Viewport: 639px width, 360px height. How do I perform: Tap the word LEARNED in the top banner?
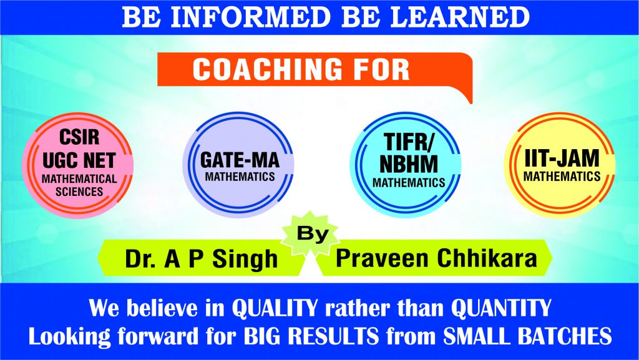(x=460, y=17)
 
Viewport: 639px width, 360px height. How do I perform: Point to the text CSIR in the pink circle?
(x=79, y=137)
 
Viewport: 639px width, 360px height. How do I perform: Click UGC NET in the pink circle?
(x=79, y=160)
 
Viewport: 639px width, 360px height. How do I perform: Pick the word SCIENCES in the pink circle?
(x=79, y=192)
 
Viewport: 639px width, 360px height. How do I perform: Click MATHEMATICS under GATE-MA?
(x=240, y=177)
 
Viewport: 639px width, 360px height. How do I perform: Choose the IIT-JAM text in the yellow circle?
(x=562, y=158)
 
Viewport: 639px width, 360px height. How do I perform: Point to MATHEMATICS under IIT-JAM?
(x=562, y=177)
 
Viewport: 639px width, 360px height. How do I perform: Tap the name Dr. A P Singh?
(x=202, y=258)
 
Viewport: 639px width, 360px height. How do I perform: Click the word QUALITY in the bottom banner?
(x=275, y=308)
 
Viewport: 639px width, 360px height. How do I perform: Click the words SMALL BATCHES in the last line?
(x=527, y=336)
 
